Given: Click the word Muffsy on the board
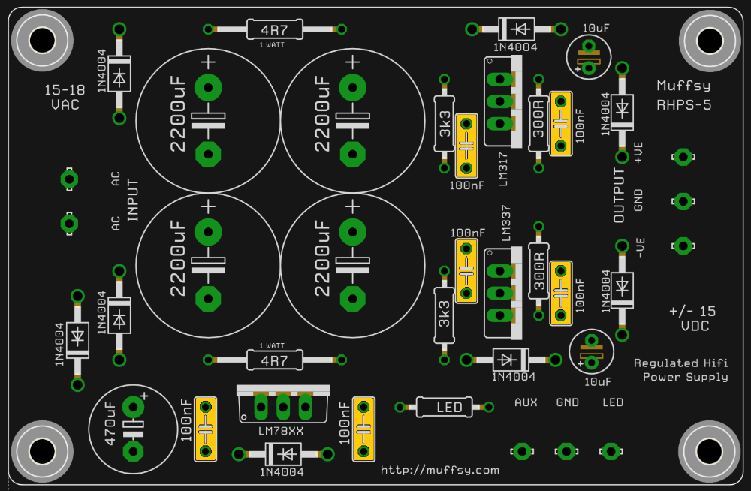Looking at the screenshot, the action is point(683,86).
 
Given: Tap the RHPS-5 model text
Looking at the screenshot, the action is point(683,105).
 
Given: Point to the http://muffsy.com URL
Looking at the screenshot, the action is point(439,471).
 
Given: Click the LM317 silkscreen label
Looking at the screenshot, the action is point(503,169).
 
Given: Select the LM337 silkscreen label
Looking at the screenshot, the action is point(505,223).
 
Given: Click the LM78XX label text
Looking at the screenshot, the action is point(281,431).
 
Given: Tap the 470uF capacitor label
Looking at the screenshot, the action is point(110,423).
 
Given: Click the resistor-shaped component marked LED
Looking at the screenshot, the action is point(445,407).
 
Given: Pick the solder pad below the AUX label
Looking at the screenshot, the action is point(522,451).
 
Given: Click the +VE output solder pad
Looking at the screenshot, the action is point(683,157).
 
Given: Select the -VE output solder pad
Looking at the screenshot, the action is point(683,245).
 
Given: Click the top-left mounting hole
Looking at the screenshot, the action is point(42,40).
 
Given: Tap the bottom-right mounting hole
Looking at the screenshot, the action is point(710,450).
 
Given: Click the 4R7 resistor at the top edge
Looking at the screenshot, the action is point(274,30).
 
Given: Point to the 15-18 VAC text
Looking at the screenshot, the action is point(65,98).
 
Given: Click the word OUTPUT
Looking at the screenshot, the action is point(620,195).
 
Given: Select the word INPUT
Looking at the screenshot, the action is point(133,200).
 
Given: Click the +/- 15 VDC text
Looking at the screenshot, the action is point(693,318).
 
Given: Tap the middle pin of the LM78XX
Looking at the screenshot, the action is point(283,408).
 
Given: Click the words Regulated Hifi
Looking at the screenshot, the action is point(680,363).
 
